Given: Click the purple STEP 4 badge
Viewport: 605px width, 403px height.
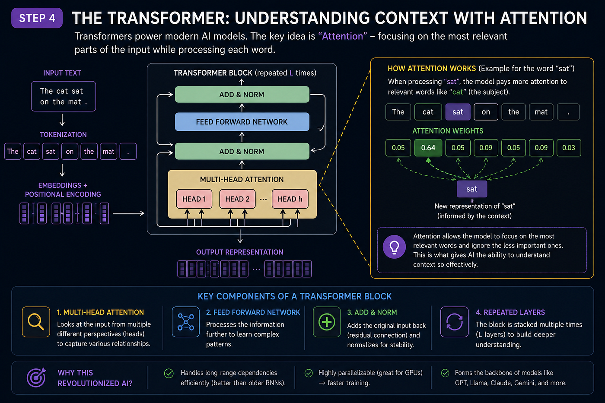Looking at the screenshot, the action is [37, 18].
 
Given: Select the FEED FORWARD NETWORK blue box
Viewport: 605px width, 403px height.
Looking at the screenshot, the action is [242, 122].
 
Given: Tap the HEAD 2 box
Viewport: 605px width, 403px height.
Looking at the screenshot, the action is [237, 199].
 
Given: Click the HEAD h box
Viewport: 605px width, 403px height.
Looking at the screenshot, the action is [290, 199].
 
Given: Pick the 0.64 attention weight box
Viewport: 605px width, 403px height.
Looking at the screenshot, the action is [428, 148].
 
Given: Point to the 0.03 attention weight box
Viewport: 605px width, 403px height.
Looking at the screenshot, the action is [569, 148].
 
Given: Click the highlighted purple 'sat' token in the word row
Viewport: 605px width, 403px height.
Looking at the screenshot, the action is [458, 112].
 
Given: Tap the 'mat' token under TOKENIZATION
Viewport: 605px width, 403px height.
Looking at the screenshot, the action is [108, 152].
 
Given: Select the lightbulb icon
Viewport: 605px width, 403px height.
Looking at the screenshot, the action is [394, 247].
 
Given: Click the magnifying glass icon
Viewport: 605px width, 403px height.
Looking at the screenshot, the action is [36, 322].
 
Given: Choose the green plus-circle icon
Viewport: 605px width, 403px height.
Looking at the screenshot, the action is [327, 322].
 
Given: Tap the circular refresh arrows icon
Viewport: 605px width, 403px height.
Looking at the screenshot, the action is [454, 322].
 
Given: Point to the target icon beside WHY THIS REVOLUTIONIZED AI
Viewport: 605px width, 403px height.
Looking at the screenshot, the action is [36, 378].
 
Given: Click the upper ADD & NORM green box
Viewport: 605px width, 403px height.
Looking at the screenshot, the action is [242, 95].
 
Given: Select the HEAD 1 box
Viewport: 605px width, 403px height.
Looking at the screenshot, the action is [194, 199].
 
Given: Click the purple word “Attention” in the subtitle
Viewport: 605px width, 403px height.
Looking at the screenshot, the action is [342, 36].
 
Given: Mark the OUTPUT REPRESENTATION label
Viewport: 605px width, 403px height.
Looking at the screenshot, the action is [239, 252].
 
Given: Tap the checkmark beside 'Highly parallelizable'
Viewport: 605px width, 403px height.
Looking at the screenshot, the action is [309, 373].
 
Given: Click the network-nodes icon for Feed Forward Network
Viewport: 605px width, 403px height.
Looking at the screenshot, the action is [185, 322].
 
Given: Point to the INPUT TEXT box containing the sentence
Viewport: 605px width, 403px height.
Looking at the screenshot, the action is [64, 96].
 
